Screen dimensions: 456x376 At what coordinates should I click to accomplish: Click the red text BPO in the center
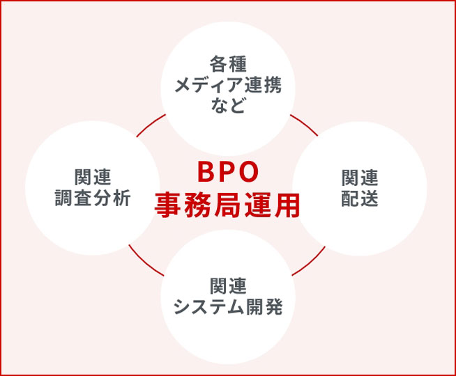228,172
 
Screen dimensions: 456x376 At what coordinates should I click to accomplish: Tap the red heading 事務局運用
227,205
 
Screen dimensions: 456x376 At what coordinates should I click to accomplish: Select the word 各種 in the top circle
228,64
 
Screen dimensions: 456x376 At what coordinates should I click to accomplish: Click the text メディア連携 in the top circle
228,85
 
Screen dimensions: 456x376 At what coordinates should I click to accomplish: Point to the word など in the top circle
228,105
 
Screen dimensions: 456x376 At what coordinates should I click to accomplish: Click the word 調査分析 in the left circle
93,198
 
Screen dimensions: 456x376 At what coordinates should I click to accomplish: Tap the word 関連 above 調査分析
93,177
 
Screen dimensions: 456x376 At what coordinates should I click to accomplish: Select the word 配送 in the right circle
360,198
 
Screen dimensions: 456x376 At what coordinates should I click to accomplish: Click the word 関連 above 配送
360,178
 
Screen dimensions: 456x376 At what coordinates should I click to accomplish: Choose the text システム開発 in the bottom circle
228,306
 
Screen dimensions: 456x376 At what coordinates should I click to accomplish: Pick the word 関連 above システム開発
228,285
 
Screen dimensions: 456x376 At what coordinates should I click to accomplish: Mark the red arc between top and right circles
305,124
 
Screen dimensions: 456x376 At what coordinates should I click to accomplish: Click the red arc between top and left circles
151,125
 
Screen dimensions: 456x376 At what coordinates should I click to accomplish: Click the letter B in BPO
206,172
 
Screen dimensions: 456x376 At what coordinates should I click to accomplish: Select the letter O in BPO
249,172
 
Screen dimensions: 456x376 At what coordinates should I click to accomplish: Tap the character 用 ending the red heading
287,205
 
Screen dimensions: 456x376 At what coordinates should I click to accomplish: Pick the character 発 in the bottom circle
273,307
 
